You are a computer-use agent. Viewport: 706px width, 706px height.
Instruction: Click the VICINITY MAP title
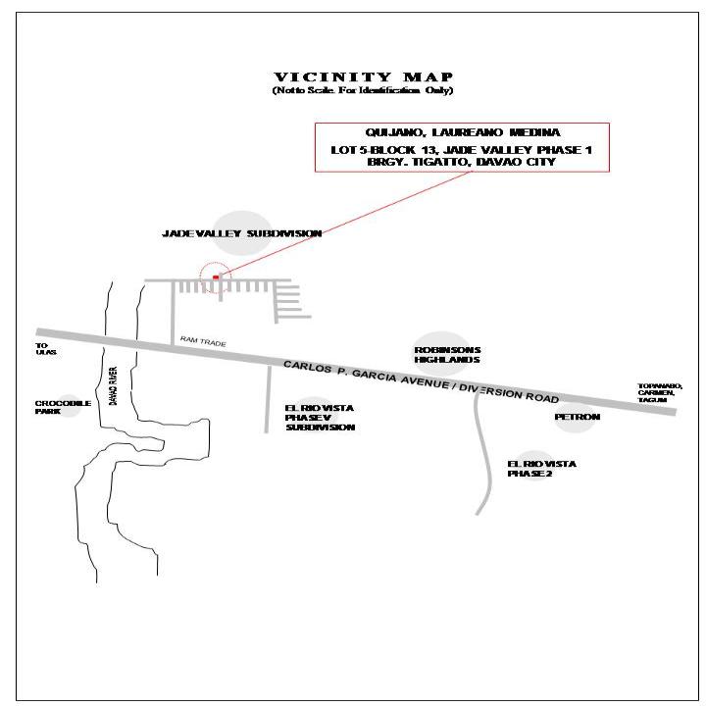(362, 77)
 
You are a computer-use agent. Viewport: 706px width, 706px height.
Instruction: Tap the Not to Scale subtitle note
(362, 90)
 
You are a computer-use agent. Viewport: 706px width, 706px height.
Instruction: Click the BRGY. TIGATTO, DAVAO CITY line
(461, 162)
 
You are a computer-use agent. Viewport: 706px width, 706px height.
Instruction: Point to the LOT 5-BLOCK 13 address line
(461, 149)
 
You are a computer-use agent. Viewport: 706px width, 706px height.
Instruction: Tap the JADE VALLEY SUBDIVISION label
(241, 233)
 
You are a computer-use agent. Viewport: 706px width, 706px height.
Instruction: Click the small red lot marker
(216, 277)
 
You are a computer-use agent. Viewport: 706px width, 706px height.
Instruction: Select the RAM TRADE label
(203, 342)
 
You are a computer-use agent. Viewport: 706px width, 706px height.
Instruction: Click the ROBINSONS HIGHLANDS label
(447, 354)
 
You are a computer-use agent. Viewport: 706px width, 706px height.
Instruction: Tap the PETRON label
(577, 417)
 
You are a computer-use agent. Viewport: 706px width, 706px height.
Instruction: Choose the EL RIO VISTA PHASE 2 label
(541, 468)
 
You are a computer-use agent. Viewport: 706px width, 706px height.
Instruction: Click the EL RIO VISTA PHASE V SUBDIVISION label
(320, 418)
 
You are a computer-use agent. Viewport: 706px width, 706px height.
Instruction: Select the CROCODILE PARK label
(64, 406)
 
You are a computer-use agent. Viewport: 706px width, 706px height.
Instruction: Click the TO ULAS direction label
(42, 348)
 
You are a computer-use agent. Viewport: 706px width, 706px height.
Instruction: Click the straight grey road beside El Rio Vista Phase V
(267, 397)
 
